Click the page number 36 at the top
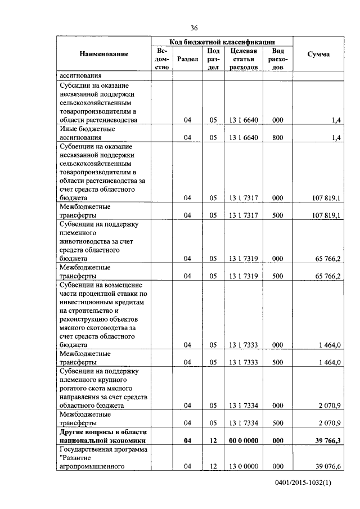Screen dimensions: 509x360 click(x=194, y=28)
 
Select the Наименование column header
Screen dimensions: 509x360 click(x=103, y=54)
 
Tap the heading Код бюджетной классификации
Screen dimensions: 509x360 click(x=222, y=42)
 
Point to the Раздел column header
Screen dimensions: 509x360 click(x=187, y=58)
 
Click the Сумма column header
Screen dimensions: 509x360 click(x=318, y=54)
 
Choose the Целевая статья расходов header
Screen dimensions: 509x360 click(x=244, y=58)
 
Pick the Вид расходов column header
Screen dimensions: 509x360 click(x=277, y=58)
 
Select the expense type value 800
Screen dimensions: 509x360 click(x=277, y=137)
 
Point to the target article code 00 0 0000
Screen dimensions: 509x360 click(x=244, y=441)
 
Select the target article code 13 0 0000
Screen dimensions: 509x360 click(x=244, y=466)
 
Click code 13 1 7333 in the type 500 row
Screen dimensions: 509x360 click(x=244, y=362)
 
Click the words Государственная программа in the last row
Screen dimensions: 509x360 click(x=103, y=449)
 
